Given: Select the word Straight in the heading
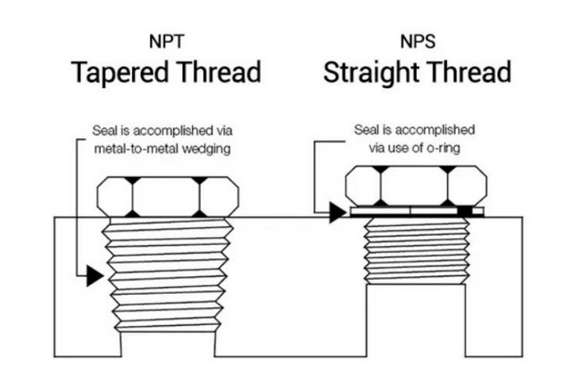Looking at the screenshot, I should coord(368,71).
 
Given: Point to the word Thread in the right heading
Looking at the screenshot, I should coord(465,71).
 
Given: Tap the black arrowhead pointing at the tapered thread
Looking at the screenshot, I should coord(94,276).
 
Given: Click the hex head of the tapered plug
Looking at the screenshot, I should coord(166,197).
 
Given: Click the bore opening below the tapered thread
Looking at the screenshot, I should coord(166,344).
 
